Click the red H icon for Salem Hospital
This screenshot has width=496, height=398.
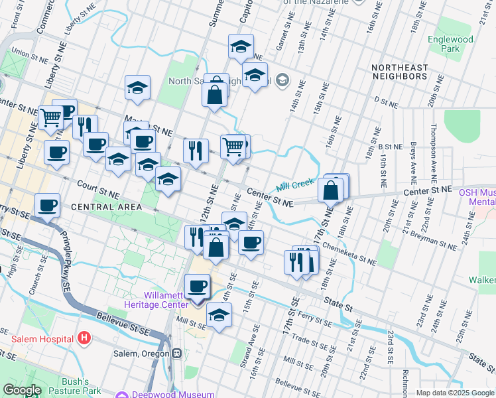coord(84,338)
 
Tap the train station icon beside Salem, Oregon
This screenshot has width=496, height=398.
coord(176,354)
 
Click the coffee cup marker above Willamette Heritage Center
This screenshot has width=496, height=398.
coord(197,287)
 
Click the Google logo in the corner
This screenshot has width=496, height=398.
coord(21,390)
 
